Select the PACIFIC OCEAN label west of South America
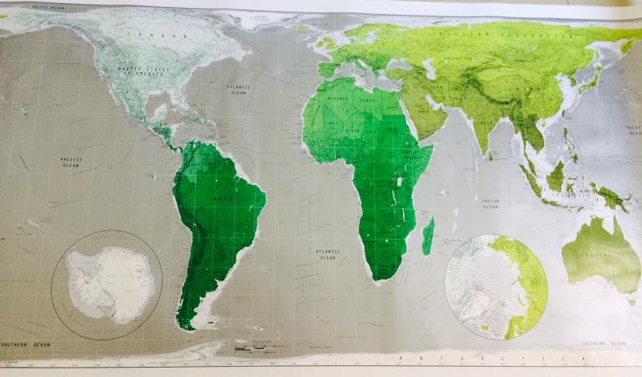(x=71, y=162)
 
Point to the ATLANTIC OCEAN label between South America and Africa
(x=327, y=254)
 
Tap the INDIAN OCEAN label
(x=490, y=204)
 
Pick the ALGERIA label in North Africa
(x=336, y=100)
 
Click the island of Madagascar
(x=427, y=237)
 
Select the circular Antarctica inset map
(x=106, y=285)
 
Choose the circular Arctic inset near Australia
(x=496, y=287)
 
